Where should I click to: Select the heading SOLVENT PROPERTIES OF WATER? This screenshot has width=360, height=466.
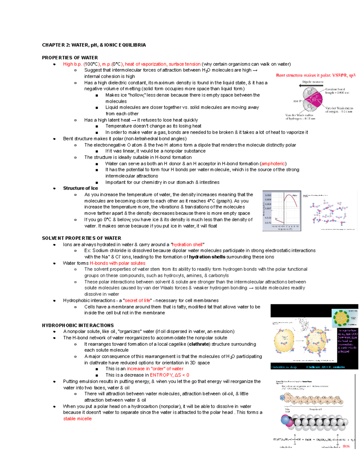(81, 238)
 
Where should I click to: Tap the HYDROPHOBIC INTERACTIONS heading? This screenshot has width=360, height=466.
(78, 325)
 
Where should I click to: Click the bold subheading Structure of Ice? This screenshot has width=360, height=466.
(80, 188)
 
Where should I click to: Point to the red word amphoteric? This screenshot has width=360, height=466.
(273, 164)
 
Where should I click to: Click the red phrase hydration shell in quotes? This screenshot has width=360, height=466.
(187, 245)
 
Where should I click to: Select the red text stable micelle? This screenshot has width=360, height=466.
(77, 419)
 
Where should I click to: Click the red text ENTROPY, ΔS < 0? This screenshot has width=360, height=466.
(169, 375)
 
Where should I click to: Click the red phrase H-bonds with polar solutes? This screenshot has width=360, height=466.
(118, 263)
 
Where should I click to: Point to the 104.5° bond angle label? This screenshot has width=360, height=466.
(297, 101)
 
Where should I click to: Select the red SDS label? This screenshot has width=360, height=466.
(346, 446)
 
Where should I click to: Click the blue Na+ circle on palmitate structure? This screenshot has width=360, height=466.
(282, 398)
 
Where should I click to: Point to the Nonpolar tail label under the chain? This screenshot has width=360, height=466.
(315, 409)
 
